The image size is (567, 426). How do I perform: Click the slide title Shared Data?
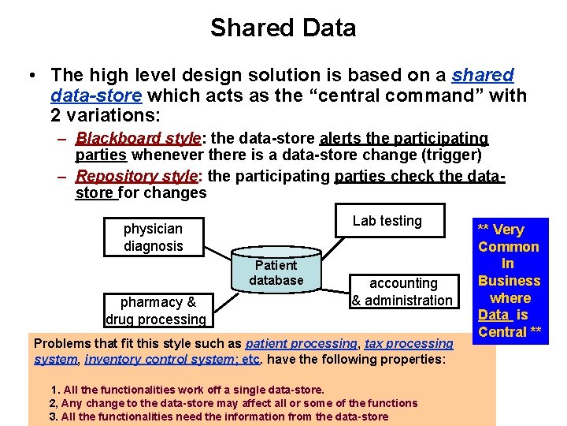[x=283, y=28]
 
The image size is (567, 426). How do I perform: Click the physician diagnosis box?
[x=153, y=237]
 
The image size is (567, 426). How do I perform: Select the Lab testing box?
[x=387, y=222]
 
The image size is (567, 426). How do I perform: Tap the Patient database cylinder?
[x=276, y=273]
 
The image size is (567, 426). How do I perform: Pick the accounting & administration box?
[x=402, y=291]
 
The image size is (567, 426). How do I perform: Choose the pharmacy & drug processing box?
[x=155, y=310]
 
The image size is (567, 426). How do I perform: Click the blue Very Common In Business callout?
[x=509, y=280]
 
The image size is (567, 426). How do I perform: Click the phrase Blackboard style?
[x=139, y=138]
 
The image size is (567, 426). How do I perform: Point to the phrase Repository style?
[x=139, y=176]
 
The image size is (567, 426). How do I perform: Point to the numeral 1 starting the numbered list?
[x=54, y=390]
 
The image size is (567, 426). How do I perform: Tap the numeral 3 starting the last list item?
[x=53, y=417]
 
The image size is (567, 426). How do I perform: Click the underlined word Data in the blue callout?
[x=494, y=315]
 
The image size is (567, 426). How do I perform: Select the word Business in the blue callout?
[x=509, y=281]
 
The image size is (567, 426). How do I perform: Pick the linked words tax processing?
[x=409, y=344]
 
